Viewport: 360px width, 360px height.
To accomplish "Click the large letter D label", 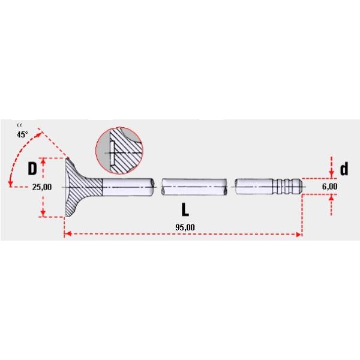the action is (x=32, y=169).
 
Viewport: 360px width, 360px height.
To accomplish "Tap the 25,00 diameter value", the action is (x=42, y=187).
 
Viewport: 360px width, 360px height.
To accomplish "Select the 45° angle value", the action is (x=22, y=134).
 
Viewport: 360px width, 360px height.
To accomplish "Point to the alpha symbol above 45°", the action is (x=19, y=125).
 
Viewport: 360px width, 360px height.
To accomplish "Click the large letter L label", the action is (x=185, y=209).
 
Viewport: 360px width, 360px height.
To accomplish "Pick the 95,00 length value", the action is (x=185, y=227).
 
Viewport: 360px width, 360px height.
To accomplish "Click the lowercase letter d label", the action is (x=344, y=169).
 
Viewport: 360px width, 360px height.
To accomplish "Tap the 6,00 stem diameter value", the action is (x=329, y=187).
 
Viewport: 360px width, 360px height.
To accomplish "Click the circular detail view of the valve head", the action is (x=119, y=151).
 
